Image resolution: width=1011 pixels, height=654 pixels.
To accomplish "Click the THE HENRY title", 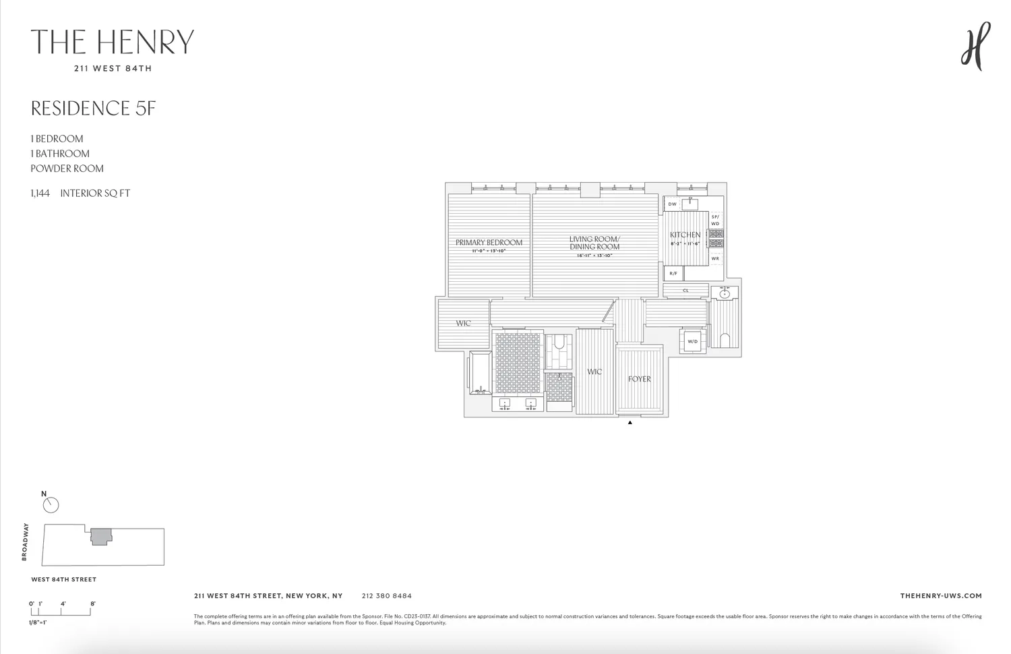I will pyautogui.click(x=113, y=42).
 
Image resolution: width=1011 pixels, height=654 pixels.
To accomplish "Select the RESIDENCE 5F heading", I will pyautogui.click(x=94, y=109).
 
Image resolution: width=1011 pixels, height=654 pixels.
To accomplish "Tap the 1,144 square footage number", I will pyautogui.click(x=40, y=194).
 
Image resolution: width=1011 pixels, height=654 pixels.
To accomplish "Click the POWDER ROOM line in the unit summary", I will pyautogui.click(x=67, y=169).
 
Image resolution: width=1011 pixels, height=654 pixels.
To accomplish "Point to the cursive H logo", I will pyautogui.click(x=975, y=46).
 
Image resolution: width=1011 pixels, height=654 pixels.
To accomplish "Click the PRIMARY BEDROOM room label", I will pyautogui.click(x=489, y=243).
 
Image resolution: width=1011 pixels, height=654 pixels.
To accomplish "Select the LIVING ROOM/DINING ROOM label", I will pyautogui.click(x=594, y=243).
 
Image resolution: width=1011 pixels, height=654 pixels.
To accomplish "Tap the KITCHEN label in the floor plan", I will pyautogui.click(x=685, y=235).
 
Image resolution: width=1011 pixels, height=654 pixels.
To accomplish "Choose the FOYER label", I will pyautogui.click(x=639, y=379).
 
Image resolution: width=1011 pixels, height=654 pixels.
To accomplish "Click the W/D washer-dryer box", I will pyautogui.click(x=692, y=341).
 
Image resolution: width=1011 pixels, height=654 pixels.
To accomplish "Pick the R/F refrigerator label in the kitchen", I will pyautogui.click(x=673, y=273).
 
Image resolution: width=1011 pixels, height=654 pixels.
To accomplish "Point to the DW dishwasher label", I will pyautogui.click(x=672, y=204).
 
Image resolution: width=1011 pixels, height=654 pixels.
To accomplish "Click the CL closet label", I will pyautogui.click(x=685, y=291).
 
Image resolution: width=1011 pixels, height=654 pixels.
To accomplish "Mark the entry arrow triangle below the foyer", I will pyautogui.click(x=630, y=423).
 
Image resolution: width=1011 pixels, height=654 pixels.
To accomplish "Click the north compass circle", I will pyautogui.click(x=51, y=505).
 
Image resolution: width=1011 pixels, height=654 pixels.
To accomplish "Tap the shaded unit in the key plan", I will pyautogui.click(x=100, y=537).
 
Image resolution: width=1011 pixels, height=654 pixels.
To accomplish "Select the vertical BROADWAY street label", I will pyautogui.click(x=25, y=542).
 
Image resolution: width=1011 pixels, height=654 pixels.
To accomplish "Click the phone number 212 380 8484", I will pyautogui.click(x=386, y=596).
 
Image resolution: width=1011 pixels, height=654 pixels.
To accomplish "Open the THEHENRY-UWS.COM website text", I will pyautogui.click(x=940, y=596).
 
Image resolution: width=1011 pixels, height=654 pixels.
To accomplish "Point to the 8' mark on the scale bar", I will pyautogui.click(x=92, y=604).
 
